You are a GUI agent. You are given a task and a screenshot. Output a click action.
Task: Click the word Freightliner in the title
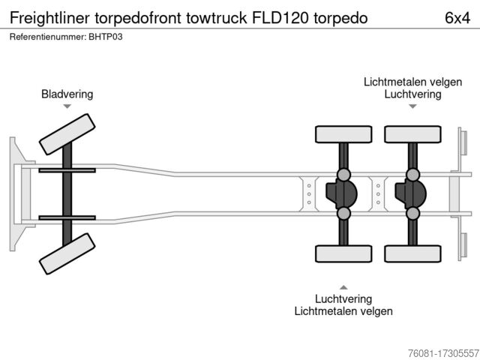click(x=46, y=18)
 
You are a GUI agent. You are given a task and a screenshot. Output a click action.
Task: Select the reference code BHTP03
click(x=105, y=37)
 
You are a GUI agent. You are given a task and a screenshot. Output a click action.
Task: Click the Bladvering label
click(x=67, y=94)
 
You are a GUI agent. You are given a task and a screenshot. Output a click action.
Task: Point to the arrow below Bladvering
click(x=67, y=106)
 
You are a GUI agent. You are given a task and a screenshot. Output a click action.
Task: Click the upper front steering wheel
click(x=67, y=136)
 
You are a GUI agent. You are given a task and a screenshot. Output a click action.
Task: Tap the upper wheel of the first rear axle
click(x=343, y=134)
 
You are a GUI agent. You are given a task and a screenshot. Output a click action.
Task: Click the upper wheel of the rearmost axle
click(x=412, y=134)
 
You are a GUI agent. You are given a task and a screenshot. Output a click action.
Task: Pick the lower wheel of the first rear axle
click(x=343, y=253)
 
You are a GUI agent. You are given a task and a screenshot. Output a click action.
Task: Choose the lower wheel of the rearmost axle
click(x=412, y=253)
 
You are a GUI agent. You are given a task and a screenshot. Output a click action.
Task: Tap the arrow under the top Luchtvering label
click(x=412, y=106)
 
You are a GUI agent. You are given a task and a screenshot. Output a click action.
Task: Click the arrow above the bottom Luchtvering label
click(x=343, y=286)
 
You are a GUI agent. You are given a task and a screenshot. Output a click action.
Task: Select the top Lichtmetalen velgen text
click(x=412, y=81)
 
